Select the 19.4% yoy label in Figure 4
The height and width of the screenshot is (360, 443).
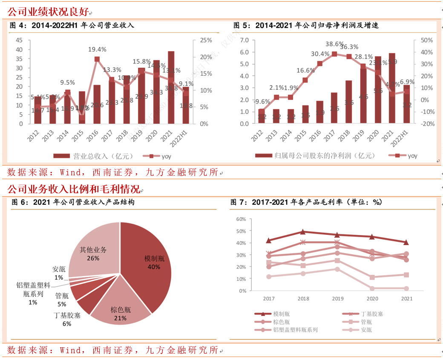[x=97, y=50]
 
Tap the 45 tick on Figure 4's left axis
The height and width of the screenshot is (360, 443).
[x=19, y=40]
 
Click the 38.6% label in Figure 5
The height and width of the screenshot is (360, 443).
[x=334, y=44]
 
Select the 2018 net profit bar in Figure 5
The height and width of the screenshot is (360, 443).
[x=348, y=102]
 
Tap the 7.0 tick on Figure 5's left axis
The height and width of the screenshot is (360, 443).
[x=244, y=40]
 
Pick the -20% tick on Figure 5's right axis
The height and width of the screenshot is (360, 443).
[x=426, y=124]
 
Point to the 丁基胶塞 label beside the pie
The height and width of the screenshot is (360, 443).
[x=67, y=315]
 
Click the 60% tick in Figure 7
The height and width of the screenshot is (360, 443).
[x=241, y=219]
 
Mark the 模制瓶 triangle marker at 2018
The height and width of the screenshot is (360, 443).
[x=303, y=232]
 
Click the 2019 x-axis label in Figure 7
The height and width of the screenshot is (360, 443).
[x=337, y=299]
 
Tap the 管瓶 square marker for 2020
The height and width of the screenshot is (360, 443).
[x=372, y=277]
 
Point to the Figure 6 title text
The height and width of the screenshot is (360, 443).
[x=72, y=202]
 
